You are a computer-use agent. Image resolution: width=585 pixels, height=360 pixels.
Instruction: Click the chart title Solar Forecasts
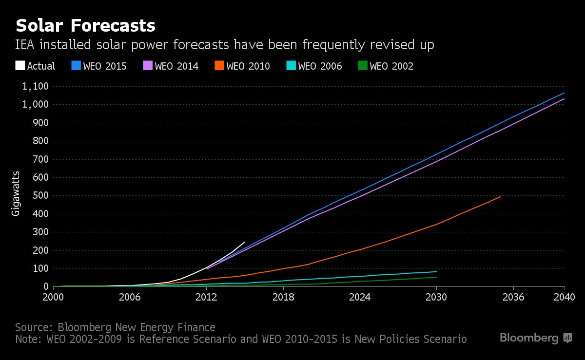(x=86, y=25)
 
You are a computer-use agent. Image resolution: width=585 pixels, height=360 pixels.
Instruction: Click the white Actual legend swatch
(x=20, y=66)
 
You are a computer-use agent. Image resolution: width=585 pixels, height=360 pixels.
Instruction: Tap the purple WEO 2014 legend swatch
(x=147, y=66)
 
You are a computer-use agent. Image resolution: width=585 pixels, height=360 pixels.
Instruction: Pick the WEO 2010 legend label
(x=248, y=66)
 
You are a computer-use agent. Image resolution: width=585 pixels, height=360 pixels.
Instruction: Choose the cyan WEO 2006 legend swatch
(x=291, y=66)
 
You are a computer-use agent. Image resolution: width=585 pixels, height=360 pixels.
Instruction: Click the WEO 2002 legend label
(x=391, y=66)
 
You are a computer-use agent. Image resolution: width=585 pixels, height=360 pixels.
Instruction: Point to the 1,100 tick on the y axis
(x=35, y=87)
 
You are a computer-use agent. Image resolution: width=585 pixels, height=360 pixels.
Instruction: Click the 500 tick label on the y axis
(x=40, y=196)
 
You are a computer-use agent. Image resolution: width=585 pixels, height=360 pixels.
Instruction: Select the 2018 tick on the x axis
(x=283, y=297)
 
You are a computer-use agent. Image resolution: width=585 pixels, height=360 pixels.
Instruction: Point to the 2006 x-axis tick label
(x=130, y=297)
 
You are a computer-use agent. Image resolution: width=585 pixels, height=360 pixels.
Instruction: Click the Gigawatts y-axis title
(x=16, y=193)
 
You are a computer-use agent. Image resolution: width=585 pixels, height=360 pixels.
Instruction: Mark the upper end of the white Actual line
(x=244, y=242)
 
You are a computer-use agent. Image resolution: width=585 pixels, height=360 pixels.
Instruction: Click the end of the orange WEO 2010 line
(x=501, y=196)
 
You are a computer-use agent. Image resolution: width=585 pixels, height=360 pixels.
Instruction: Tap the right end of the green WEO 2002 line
(x=436, y=277)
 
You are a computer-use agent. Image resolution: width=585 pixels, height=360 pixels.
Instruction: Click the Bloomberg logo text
(x=529, y=338)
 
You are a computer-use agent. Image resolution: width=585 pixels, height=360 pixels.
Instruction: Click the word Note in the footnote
(x=27, y=339)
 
